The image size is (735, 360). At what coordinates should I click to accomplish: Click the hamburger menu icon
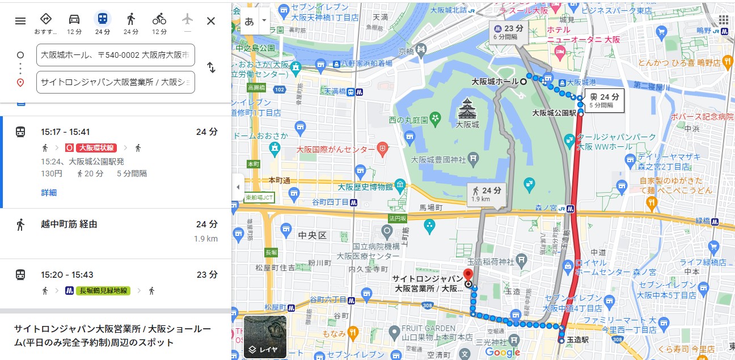tap(20, 21)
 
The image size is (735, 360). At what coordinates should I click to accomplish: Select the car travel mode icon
tap(74, 19)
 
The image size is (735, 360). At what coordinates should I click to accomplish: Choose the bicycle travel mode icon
tap(159, 19)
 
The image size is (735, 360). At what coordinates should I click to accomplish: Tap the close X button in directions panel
tap(211, 21)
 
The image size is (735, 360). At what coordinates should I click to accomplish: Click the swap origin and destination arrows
tap(211, 67)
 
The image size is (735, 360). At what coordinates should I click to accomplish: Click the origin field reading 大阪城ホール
tap(116, 55)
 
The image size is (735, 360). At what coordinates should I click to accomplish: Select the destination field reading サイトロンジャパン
tap(116, 82)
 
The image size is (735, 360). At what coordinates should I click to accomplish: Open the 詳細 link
tap(49, 193)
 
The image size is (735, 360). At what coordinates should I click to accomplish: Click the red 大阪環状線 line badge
tap(96, 148)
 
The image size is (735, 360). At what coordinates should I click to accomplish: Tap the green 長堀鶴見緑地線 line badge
tap(104, 291)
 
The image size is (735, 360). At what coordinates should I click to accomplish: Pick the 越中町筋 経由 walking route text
tap(69, 224)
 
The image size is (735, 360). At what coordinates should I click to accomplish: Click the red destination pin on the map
tap(468, 273)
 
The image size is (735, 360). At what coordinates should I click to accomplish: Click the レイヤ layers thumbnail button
tap(265, 337)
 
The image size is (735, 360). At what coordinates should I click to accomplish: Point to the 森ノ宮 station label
tap(546, 208)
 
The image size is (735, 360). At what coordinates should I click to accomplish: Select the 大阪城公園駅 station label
tap(554, 113)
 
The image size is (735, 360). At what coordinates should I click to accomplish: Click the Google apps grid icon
tap(723, 20)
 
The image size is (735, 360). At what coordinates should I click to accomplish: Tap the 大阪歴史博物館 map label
tap(365, 187)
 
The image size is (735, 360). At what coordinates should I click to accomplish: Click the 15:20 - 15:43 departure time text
tap(67, 274)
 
